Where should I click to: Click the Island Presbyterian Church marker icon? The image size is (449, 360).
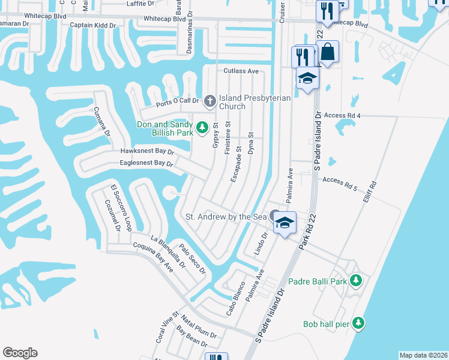click(209, 100)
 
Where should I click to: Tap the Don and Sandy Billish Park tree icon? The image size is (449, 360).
click(203, 127)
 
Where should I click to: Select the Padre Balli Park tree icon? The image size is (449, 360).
click(356, 280)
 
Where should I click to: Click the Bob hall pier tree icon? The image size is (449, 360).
click(358, 323)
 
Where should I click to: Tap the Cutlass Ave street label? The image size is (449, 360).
click(241, 71)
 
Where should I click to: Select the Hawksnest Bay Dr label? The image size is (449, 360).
click(147, 152)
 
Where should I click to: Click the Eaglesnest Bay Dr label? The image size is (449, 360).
click(146, 163)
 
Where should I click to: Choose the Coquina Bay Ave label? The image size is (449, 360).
click(153, 259)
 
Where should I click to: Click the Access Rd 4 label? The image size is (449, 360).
click(342, 115)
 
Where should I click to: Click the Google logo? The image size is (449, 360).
click(20, 353)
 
